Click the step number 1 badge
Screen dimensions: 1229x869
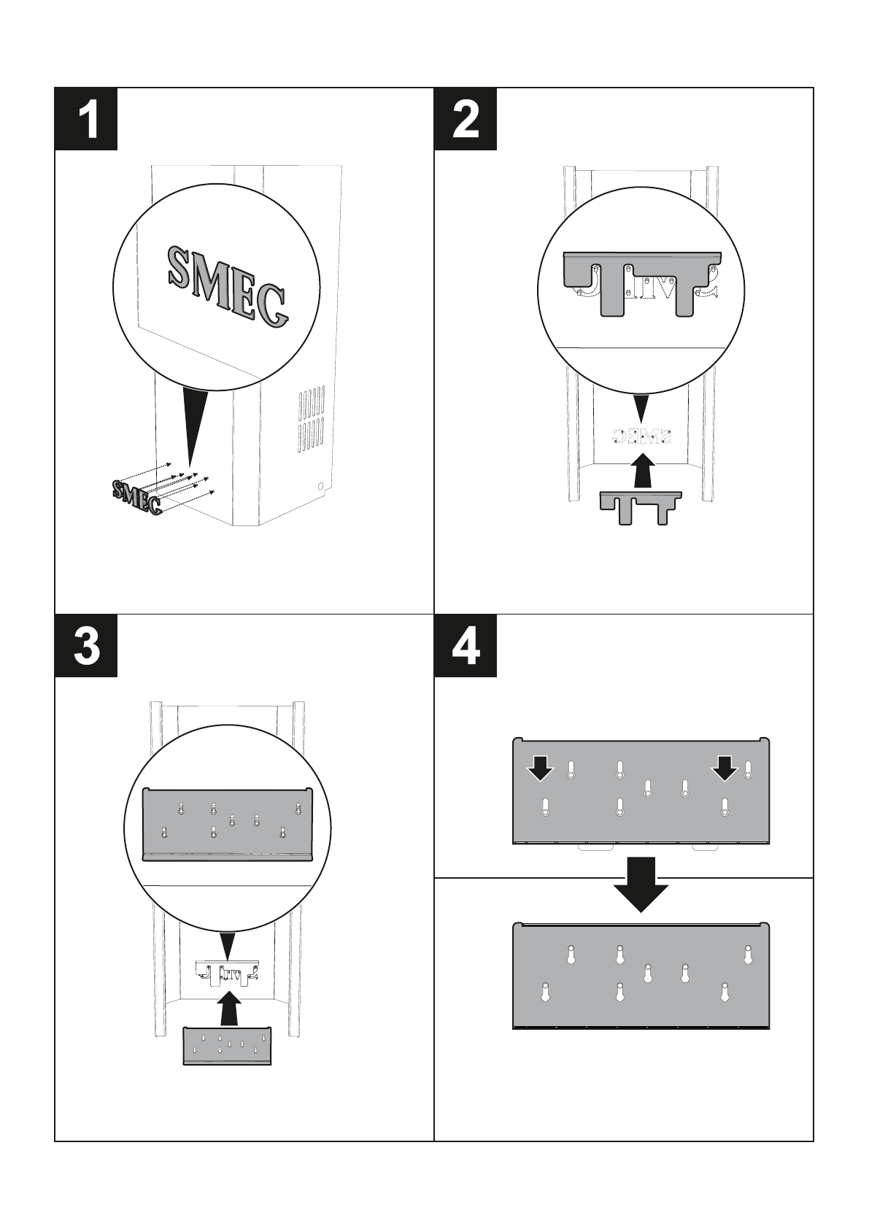click(87, 119)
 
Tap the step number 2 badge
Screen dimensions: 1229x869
click(466, 119)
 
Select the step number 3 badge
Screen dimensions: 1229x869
click(87, 645)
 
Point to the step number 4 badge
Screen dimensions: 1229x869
click(466, 645)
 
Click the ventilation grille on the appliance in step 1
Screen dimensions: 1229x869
click(310, 420)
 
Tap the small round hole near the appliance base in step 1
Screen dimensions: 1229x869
click(320, 485)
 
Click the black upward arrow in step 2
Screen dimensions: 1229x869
click(642, 471)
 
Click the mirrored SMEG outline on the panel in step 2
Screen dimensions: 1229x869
click(642, 436)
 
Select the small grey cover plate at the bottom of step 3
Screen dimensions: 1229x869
click(227, 1047)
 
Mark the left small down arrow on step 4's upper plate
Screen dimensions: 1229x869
click(541, 768)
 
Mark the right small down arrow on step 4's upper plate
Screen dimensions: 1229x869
click(725, 768)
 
